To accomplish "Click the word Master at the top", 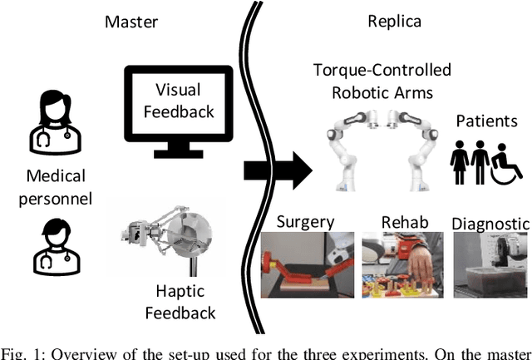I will click(131, 22).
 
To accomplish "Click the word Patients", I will click(486, 121).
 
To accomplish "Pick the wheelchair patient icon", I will click(508, 162).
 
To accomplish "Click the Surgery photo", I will click(305, 264).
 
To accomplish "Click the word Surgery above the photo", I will click(305, 223).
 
